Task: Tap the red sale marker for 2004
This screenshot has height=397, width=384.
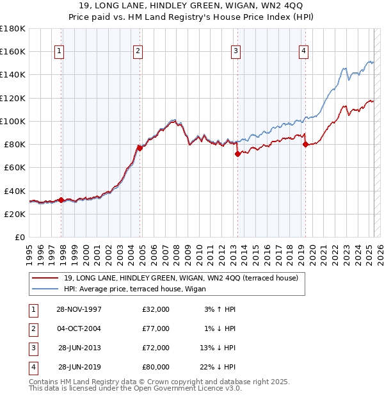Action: pos(140,148)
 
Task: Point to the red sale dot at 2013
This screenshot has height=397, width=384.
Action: pos(237,154)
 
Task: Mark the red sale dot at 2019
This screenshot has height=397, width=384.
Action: pos(305,145)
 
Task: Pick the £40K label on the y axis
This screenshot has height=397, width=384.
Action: pos(15,191)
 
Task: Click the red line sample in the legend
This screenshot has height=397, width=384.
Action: pos(44,278)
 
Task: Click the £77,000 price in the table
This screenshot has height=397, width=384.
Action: pos(156,328)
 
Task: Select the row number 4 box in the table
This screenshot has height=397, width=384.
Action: pos(33,367)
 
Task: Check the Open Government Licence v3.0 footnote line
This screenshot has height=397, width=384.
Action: pos(135,388)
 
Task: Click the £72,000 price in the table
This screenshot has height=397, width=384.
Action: pos(156,348)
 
